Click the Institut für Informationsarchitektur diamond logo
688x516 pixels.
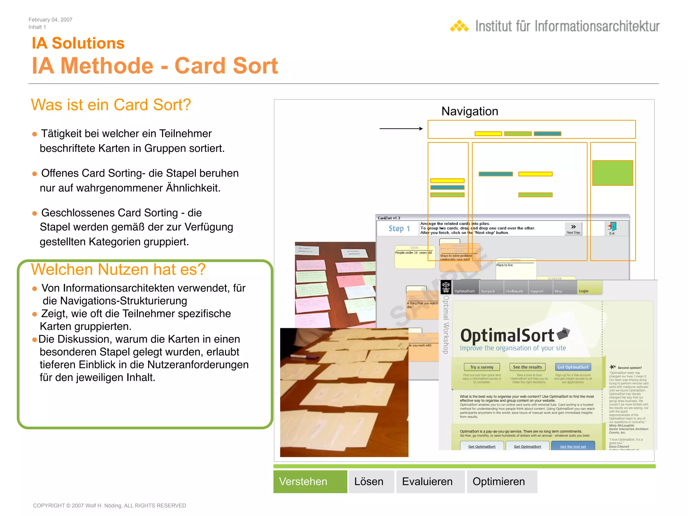[x=459, y=26]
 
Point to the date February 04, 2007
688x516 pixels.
[x=50, y=20]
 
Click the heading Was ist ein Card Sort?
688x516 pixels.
[x=111, y=105]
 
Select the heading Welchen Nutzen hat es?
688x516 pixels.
[x=118, y=269]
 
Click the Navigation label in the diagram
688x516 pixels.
[x=470, y=111]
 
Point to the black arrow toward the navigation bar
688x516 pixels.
[x=401, y=128]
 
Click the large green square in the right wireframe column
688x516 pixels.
[x=612, y=173]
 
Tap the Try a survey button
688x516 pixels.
[x=482, y=367]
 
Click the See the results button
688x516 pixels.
[x=527, y=367]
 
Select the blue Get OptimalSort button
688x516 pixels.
[x=573, y=367]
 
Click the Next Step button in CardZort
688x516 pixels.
[x=573, y=228]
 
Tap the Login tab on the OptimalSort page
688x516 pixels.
[x=584, y=291]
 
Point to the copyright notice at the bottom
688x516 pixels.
[x=109, y=506]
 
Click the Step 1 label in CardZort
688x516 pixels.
[x=399, y=228]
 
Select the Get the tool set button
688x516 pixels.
[x=573, y=446]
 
